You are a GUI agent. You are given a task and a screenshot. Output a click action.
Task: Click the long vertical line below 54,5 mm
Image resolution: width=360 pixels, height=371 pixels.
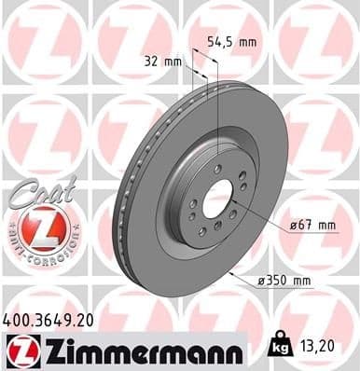(x=217, y=103)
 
